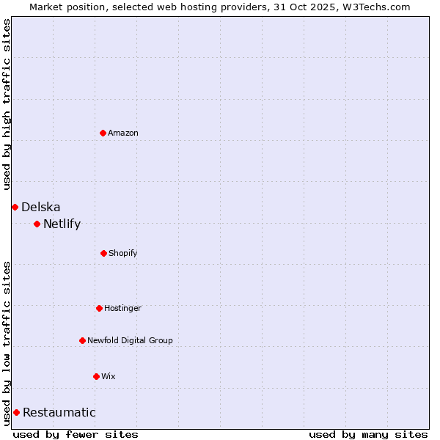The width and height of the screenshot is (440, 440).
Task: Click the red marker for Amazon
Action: point(103,133)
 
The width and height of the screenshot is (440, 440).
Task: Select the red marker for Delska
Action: point(15,207)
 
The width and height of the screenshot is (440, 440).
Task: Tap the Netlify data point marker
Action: point(37,224)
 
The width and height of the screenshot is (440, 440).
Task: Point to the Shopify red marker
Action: point(103,253)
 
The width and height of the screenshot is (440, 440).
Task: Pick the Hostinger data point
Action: point(99,308)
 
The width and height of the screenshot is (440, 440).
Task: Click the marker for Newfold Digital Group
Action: point(82,340)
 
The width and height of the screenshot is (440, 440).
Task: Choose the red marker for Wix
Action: point(96,376)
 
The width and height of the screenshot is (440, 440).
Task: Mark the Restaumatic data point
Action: point(16,412)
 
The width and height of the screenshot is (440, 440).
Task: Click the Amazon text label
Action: point(123,133)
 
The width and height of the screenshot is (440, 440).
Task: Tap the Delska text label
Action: point(41,207)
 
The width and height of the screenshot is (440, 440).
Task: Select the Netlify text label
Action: point(62,224)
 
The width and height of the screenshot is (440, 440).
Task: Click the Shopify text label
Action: point(123,253)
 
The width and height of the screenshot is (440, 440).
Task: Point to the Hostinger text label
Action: point(123,308)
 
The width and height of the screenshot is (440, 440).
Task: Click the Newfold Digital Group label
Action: point(131,340)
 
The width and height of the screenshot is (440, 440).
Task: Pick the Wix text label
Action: point(109,376)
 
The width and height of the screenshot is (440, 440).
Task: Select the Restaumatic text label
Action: point(59,412)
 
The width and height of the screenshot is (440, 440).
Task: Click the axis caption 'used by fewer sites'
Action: point(76,434)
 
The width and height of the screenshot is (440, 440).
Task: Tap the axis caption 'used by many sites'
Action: point(368,434)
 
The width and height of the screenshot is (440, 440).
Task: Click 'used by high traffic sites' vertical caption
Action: point(7,104)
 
